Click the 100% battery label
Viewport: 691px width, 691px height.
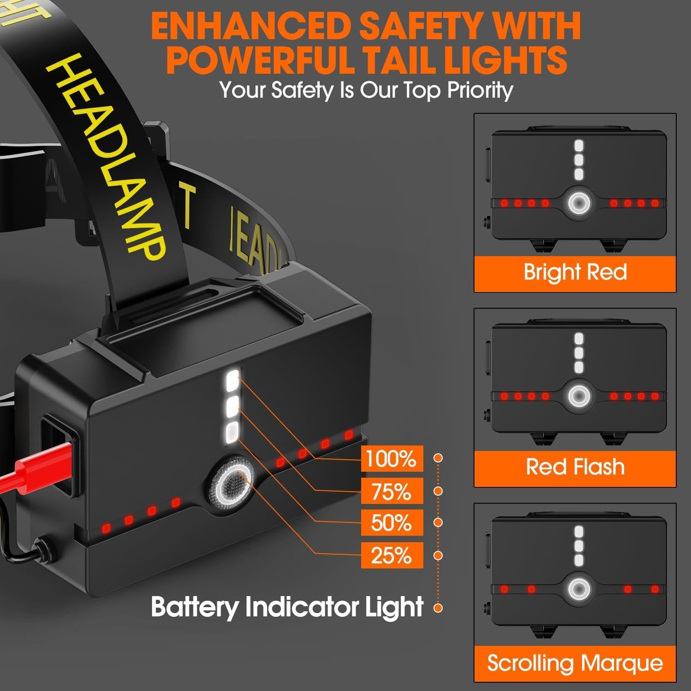click(392, 459)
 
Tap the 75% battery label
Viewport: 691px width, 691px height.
click(392, 491)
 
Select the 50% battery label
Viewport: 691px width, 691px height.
click(392, 523)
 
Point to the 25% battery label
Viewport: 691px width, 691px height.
click(392, 555)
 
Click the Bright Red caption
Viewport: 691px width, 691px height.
click(575, 272)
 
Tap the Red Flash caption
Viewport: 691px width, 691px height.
click(575, 467)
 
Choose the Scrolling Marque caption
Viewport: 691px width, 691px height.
click(575, 663)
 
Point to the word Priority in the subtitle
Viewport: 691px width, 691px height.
click(480, 90)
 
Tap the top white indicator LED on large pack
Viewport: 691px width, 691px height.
click(231, 382)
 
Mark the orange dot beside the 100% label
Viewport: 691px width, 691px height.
click(438, 458)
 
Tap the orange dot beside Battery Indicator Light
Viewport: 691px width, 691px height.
click(438, 608)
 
